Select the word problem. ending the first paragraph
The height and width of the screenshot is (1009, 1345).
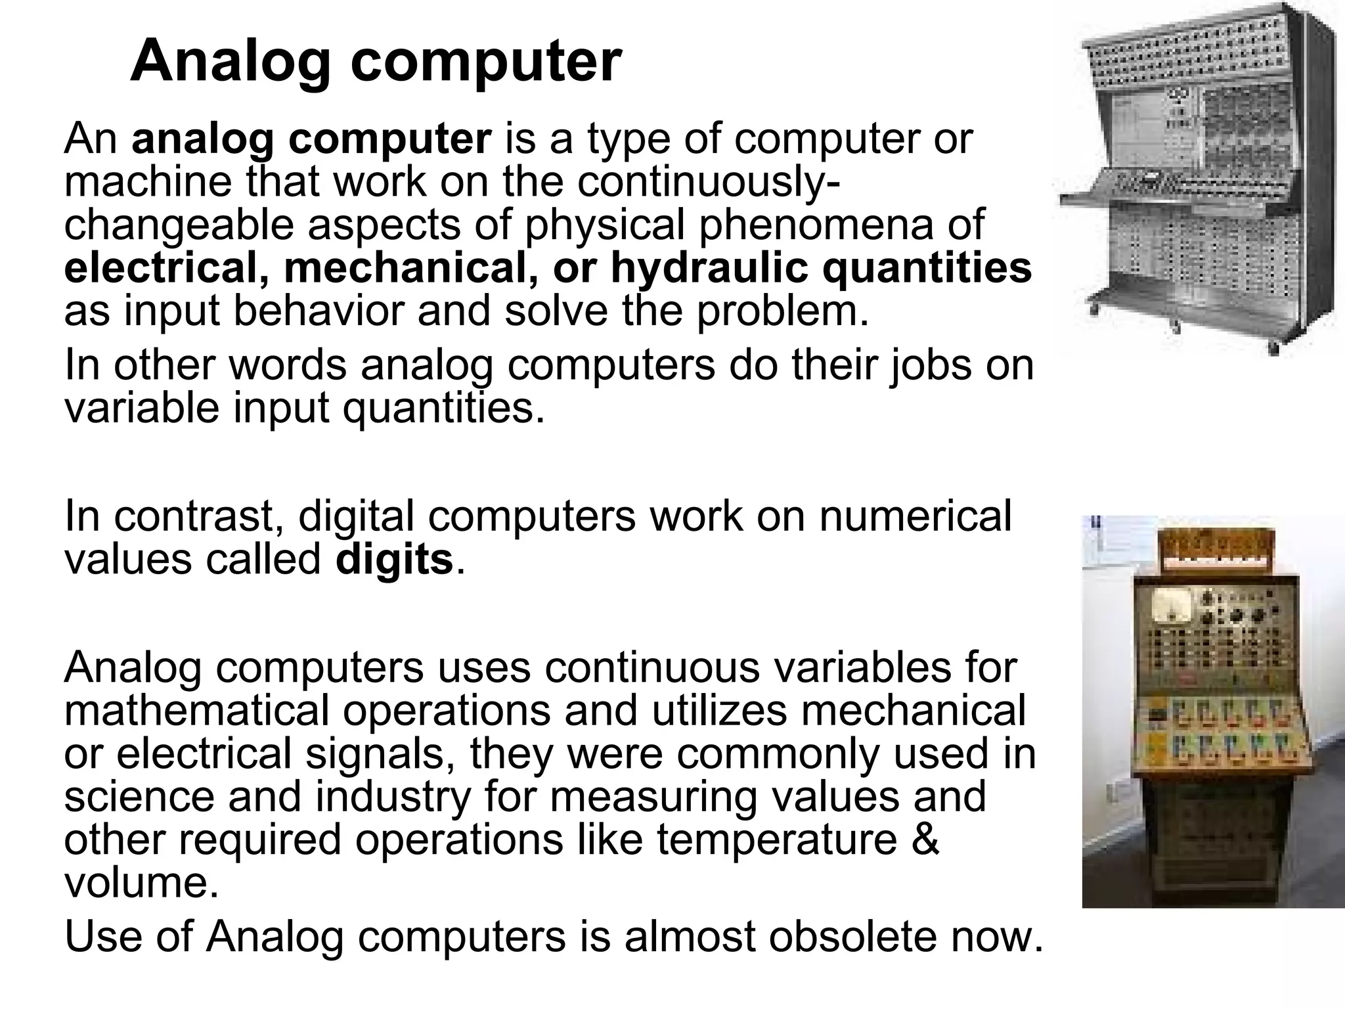pyautogui.click(x=782, y=311)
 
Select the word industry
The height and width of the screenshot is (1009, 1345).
pyautogui.click(x=392, y=796)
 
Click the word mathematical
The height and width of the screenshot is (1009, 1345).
pyautogui.click(x=195, y=710)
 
